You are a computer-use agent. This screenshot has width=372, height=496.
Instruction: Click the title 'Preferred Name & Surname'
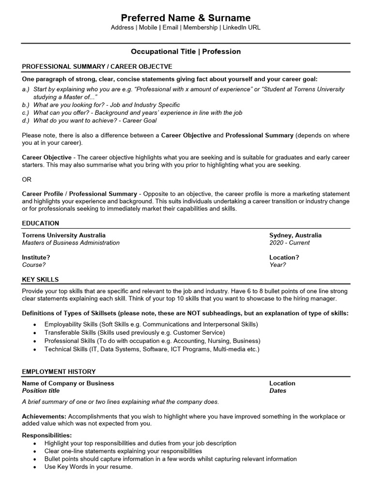pyautogui.click(x=186, y=17)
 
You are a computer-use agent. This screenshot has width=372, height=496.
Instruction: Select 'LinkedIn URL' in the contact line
pyautogui.click(x=241, y=28)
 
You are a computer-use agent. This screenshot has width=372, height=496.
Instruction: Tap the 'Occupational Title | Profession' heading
pyautogui.click(x=186, y=51)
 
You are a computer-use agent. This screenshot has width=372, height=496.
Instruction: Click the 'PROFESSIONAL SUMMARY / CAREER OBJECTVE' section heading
pyautogui.click(x=97, y=66)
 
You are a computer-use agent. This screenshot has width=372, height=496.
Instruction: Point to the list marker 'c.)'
pyautogui.click(x=26, y=112)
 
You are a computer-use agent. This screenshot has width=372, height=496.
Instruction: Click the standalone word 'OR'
pyautogui.click(x=27, y=179)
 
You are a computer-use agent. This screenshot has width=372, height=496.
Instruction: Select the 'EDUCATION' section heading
pyautogui.click(x=41, y=223)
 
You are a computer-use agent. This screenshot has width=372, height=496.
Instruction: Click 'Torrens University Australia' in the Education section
pyautogui.click(x=64, y=235)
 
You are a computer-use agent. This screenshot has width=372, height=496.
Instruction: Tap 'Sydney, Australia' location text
pyautogui.click(x=295, y=235)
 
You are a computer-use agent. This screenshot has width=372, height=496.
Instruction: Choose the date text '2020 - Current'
pyautogui.click(x=290, y=243)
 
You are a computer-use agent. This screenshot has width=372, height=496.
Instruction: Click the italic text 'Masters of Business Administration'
pyautogui.click(x=71, y=243)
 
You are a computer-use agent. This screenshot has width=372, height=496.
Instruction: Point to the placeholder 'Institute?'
pyautogui.click(x=36, y=257)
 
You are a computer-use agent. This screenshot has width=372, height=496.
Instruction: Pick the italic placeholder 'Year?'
pyautogui.click(x=278, y=265)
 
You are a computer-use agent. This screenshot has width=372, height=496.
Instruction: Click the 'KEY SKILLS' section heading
pyautogui.click(x=40, y=279)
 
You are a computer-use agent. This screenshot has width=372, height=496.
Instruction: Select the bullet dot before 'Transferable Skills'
pyautogui.click(x=35, y=333)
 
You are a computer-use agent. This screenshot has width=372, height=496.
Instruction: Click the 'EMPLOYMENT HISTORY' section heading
pyautogui.click(x=59, y=372)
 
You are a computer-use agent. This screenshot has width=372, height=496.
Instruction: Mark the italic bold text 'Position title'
pyautogui.click(x=41, y=391)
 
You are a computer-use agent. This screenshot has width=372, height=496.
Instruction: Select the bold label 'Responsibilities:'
pyautogui.click(x=47, y=435)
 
